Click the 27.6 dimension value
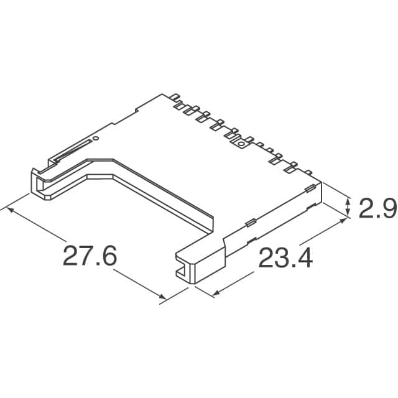[x=90, y=257]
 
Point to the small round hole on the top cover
[x=96, y=137]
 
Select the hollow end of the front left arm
[x=41, y=183]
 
